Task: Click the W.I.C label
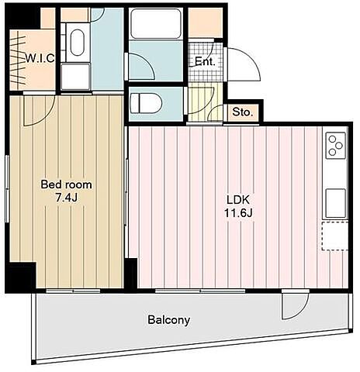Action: pyautogui.click(x=40, y=58)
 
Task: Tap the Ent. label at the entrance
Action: pyautogui.click(x=205, y=61)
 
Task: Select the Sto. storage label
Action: pyautogui.click(x=242, y=112)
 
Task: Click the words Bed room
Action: pyautogui.click(x=67, y=184)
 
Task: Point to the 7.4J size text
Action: pyautogui.click(x=67, y=198)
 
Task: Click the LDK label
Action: pyautogui.click(x=238, y=200)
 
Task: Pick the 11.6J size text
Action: pyautogui.click(x=238, y=213)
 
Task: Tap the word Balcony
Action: pyautogui.click(x=169, y=320)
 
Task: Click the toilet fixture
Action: pyautogui.click(x=146, y=103)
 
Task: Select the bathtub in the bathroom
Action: pyautogui.click(x=156, y=23)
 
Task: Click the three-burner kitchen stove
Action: pyautogui.click(x=336, y=145)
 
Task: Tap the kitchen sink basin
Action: pyautogui.click(x=336, y=203)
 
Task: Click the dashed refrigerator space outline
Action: pyautogui.click(x=335, y=236)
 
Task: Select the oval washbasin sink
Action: pyautogui.click(x=78, y=43)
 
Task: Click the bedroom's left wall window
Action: pyautogui.click(x=8, y=188)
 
